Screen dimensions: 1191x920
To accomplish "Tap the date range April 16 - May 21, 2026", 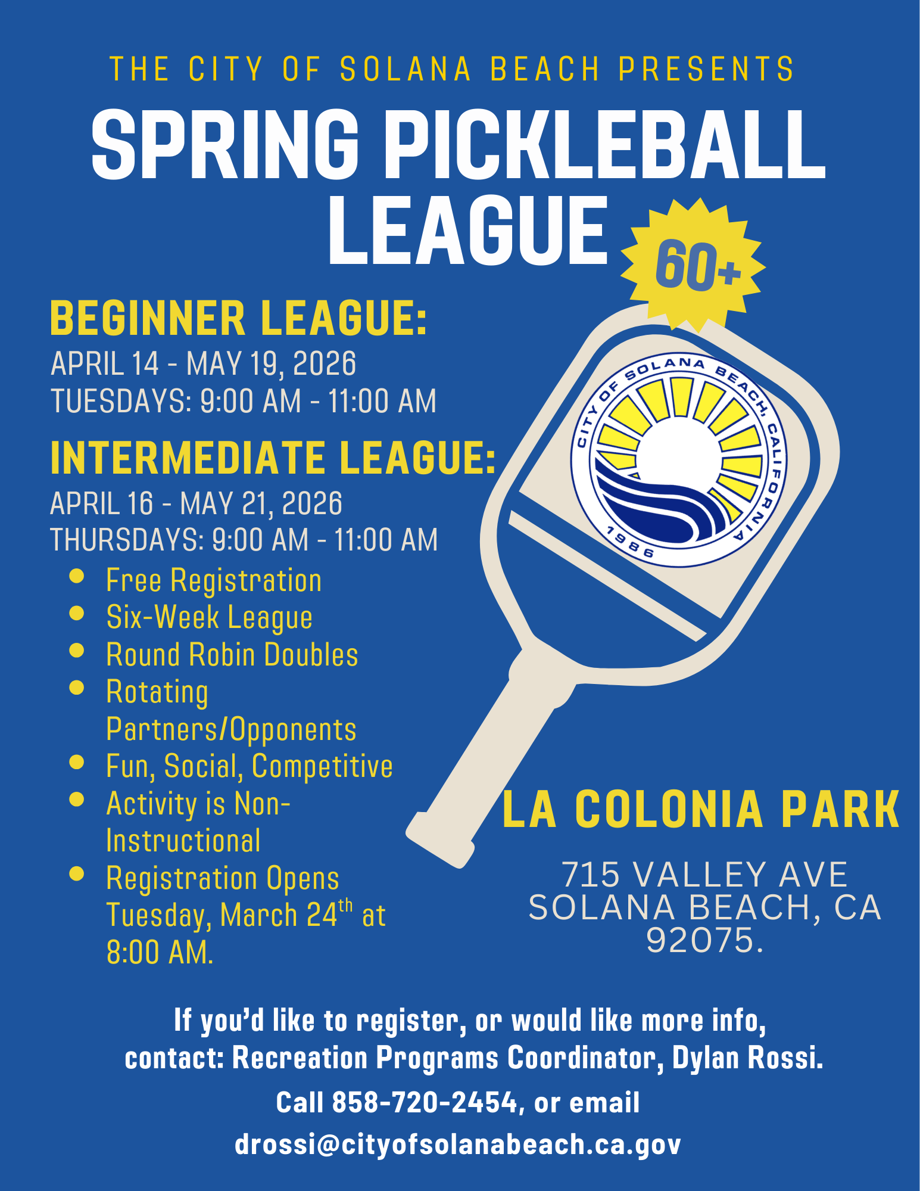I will (196, 503).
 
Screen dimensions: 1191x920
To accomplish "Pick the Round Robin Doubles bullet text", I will (232, 655).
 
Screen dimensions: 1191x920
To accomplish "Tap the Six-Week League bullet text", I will (209, 617).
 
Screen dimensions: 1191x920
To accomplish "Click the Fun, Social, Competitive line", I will (249, 766).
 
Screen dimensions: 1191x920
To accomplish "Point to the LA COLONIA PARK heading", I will (701, 810).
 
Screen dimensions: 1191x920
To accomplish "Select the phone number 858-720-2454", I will (425, 1102).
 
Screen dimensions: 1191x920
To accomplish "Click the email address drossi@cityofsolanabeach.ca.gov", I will (457, 1145).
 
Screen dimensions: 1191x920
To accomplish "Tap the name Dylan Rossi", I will (747, 1058).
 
